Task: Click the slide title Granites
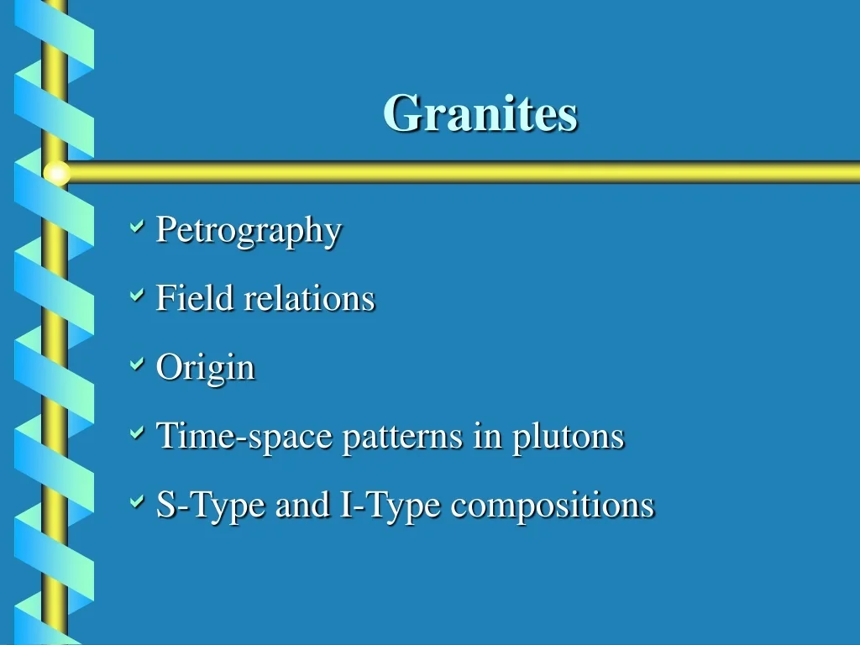pos(480,113)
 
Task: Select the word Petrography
pos(249,230)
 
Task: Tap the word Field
pos(195,298)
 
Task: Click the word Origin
pos(205,368)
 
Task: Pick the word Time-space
pos(244,437)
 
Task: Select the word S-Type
pos(212,506)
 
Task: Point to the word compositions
pos(552,506)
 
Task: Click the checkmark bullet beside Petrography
pos(137,227)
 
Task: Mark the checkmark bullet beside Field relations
pos(137,296)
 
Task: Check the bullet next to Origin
pos(137,364)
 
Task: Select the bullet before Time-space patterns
pos(137,433)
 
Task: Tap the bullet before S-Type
pos(137,502)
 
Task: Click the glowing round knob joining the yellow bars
pos(56,173)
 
